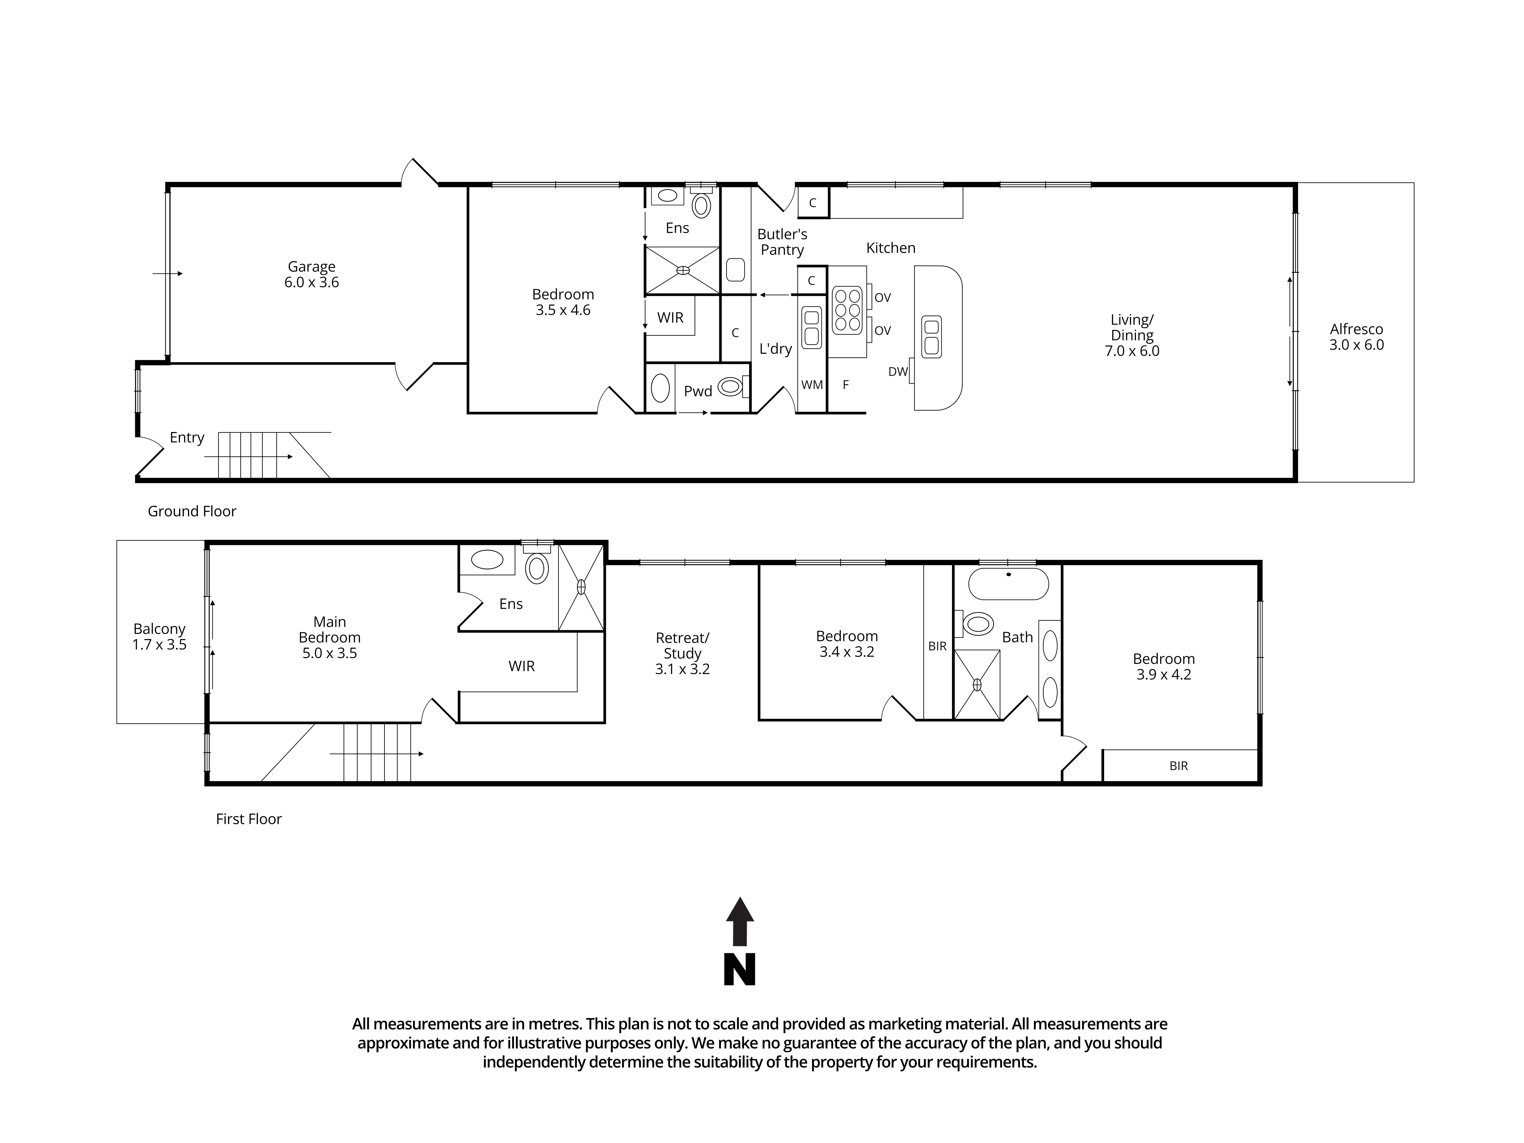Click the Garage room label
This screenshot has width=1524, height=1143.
point(311,267)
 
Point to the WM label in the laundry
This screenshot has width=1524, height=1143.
point(812,385)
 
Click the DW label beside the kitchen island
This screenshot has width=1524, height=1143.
point(898,372)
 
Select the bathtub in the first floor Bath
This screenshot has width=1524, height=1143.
point(1008,584)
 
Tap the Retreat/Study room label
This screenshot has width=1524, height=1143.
point(682,646)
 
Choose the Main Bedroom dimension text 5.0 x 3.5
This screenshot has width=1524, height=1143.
point(329,653)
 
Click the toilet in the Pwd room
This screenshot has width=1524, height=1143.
point(732,387)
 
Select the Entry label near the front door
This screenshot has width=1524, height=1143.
point(187,437)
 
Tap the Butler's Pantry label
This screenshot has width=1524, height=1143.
point(782,242)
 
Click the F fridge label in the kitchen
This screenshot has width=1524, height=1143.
point(845,385)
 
